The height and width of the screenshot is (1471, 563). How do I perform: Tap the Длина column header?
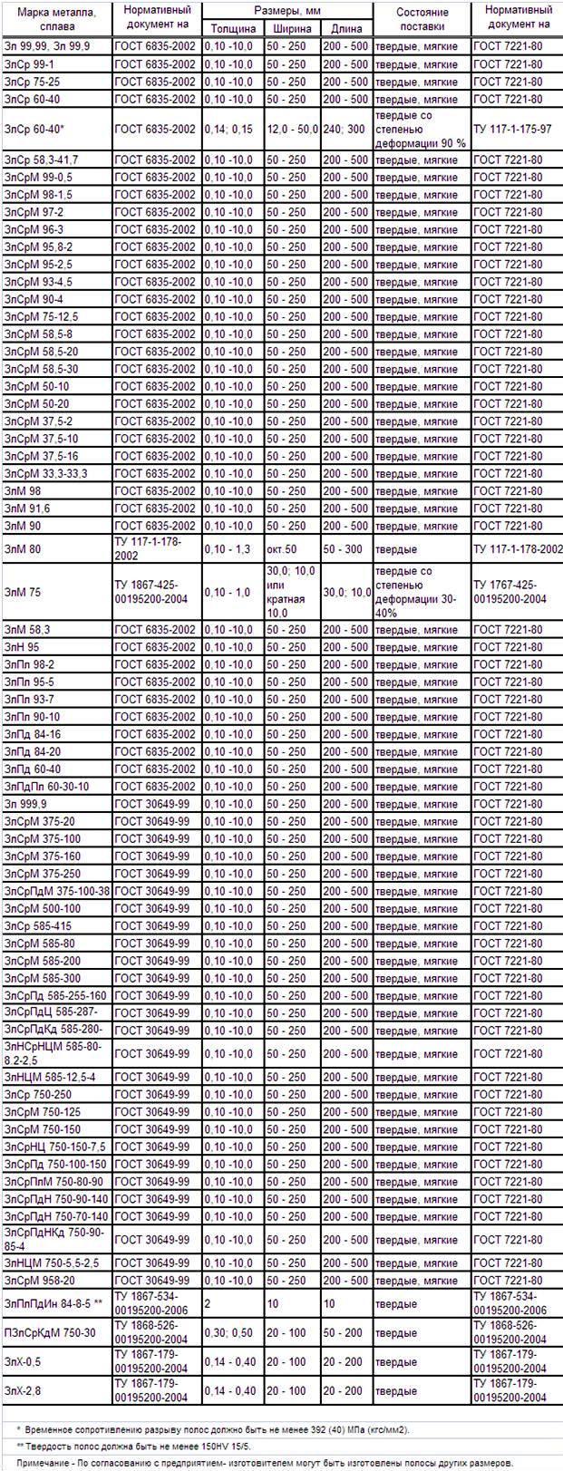(x=346, y=28)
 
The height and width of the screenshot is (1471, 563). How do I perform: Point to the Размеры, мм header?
(x=287, y=10)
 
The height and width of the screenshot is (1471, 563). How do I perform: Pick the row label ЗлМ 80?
(x=23, y=549)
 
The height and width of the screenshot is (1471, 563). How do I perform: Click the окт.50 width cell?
(x=281, y=549)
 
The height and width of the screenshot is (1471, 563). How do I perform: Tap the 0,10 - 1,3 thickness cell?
(x=228, y=549)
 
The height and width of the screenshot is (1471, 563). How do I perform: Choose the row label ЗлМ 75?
(x=23, y=593)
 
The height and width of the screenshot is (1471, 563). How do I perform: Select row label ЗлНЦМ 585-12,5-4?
(x=50, y=1077)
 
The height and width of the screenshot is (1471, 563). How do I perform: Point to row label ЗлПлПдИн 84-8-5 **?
(x=53, y=1303)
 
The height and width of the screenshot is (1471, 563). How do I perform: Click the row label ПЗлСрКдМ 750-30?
(x=50, y=1332)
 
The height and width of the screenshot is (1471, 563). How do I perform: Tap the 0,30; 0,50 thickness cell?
(x=228, y=1332)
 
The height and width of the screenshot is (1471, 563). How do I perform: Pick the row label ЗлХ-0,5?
(x=23, y=1361)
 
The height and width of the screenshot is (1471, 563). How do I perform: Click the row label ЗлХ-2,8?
(x=23, y=1390)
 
